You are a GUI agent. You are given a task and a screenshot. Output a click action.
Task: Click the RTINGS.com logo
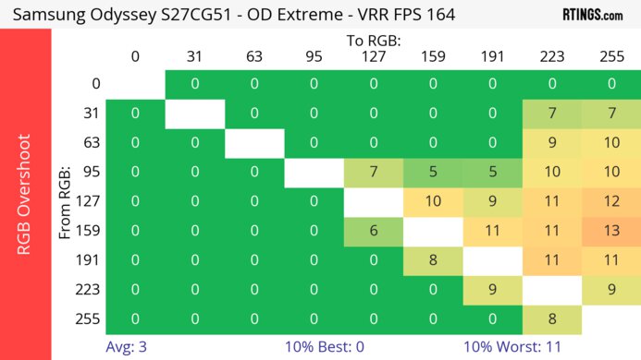pos(593,15)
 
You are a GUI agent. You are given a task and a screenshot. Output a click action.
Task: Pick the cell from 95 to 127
pos(373,173)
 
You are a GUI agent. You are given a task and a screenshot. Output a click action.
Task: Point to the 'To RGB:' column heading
pos(373,41)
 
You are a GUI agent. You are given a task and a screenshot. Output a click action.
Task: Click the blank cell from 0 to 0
pos(135,84)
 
